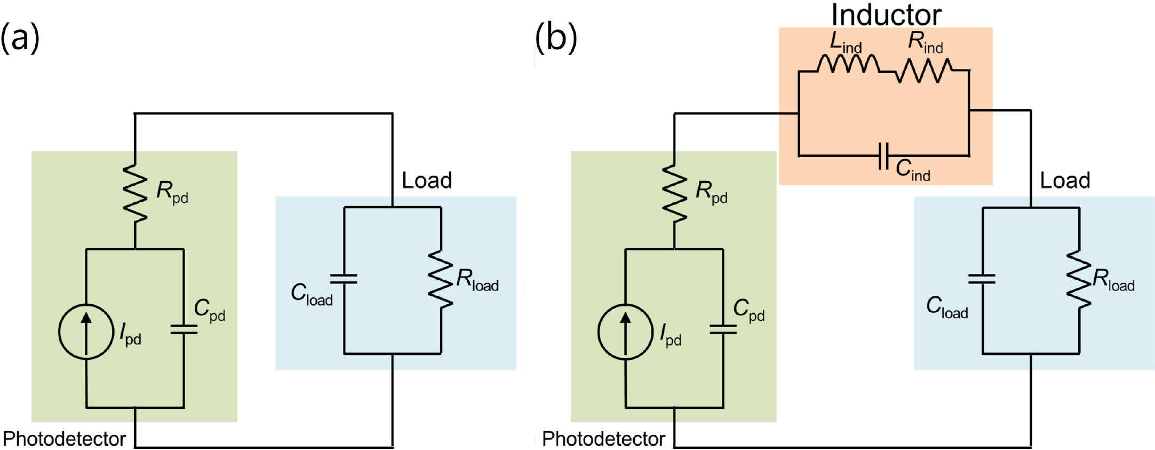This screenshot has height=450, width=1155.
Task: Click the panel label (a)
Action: point(20,38)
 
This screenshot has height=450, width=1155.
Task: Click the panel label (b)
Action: point(556,38)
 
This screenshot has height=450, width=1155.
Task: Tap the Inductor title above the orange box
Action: point(886,15)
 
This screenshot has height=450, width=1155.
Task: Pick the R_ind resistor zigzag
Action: point(923,70)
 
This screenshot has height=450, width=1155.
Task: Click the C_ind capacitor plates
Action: point(883,156)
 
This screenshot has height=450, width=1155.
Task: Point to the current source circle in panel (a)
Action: point(86,331)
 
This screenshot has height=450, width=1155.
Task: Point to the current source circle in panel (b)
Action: point(625,331)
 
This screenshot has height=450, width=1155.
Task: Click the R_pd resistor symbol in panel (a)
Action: point(135,193)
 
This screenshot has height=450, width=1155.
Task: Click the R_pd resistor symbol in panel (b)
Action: point(674,193)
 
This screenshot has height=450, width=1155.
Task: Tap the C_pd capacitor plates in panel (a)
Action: point(184,329)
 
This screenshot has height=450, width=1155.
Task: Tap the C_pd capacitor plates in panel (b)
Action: point(723,329)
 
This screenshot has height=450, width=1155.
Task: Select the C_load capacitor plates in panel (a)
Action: point(344,279)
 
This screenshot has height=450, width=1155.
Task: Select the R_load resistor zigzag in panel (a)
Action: point(441,279)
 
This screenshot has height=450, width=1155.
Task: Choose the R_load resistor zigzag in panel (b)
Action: point(1079,279)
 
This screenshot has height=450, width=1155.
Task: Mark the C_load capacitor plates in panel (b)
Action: point(982,279)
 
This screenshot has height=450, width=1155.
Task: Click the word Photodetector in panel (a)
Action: point(65,439)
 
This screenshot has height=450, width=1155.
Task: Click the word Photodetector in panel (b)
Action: point(603,439)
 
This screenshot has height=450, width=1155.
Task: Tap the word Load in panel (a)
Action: point(427,180)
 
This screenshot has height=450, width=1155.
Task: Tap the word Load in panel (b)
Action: point(1065,180)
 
